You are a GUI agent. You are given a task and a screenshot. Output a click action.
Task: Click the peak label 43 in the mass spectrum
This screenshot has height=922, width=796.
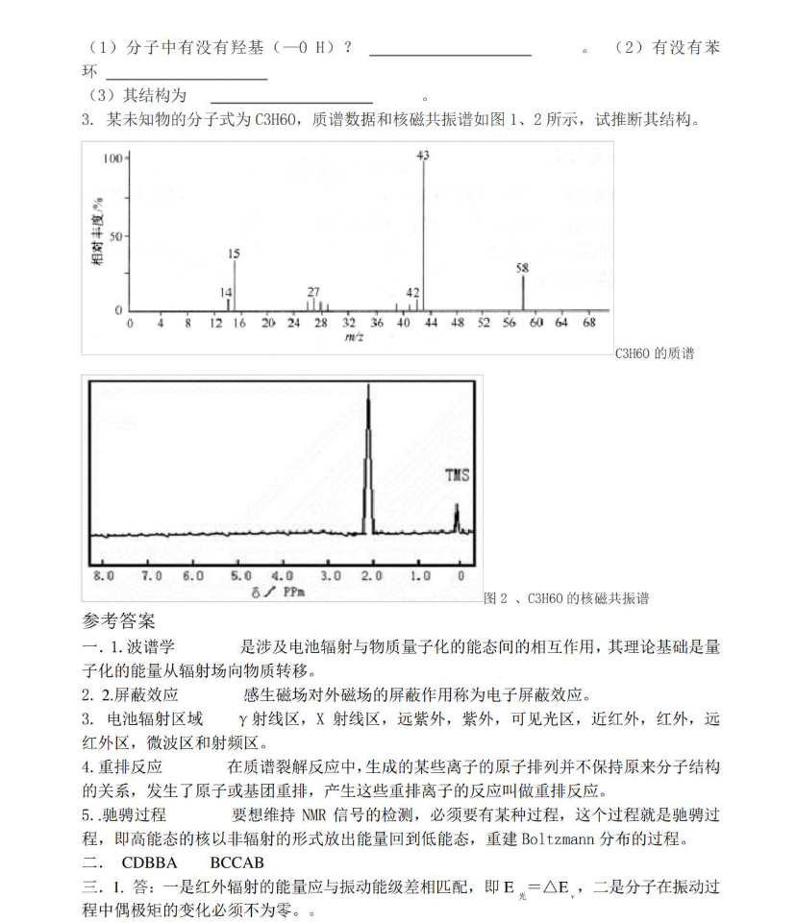tap(423, 155)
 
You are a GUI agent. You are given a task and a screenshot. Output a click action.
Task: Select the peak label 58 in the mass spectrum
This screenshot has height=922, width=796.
tap(522, 269)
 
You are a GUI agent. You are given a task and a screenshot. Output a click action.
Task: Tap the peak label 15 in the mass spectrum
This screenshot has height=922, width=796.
tap(235, 253)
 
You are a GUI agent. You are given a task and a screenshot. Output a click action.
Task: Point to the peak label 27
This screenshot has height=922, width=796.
tap(313, 292)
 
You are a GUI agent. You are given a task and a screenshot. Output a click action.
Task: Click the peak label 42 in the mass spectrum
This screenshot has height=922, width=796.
tap(412, 292)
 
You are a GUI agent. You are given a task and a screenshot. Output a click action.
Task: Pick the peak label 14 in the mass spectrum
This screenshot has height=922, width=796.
tap(226, 292)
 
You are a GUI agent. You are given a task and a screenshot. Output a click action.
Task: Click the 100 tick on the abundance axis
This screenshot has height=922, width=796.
tap(112, 158)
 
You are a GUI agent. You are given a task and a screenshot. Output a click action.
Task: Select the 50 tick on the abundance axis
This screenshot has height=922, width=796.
tap(115, 235)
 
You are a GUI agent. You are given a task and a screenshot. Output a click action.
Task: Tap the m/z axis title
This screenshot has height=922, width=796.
tap(353, 337)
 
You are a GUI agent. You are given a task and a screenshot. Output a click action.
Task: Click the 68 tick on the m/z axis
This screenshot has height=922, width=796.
tap(589, 324)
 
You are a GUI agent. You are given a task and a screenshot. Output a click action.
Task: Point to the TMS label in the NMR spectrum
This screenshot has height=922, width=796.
tap(458, 475)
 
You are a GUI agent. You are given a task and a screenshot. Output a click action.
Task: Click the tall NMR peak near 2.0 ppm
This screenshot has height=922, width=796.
tap(367, 461)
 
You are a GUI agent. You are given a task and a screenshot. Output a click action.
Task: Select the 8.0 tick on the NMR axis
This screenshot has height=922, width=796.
tap(103, 575)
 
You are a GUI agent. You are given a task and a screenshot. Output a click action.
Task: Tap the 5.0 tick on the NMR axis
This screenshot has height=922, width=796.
tap(241, 575)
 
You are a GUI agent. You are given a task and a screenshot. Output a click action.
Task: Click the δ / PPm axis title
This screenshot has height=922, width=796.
tap(278, 592)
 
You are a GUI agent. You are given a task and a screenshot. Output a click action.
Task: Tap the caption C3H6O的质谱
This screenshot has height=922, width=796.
tap(654, 353)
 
